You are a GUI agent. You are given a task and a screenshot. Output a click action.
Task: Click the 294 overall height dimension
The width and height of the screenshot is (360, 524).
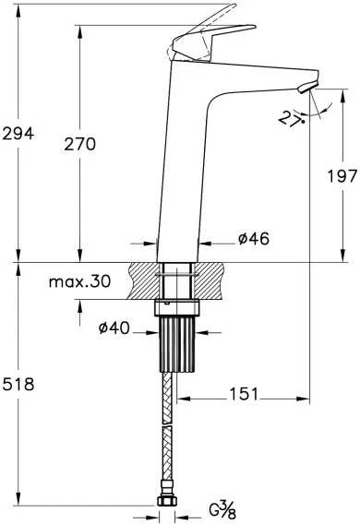[18, 134]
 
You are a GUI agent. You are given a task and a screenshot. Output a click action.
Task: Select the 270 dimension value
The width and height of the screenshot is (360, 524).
[80, 144]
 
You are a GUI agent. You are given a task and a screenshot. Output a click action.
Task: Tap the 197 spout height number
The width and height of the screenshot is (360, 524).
[342, 176]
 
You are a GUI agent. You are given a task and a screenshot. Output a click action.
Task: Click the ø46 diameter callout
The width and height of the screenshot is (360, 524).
[254, 239]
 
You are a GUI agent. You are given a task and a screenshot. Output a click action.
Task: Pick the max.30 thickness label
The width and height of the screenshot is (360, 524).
[79, 281]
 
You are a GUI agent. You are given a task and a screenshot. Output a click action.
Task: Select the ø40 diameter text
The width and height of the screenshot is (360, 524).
[114, 328]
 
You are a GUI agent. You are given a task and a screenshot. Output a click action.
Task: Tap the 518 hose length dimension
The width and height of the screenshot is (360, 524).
[18, 385]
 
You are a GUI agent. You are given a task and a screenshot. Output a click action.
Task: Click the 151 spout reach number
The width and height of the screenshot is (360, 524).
[244, 394]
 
